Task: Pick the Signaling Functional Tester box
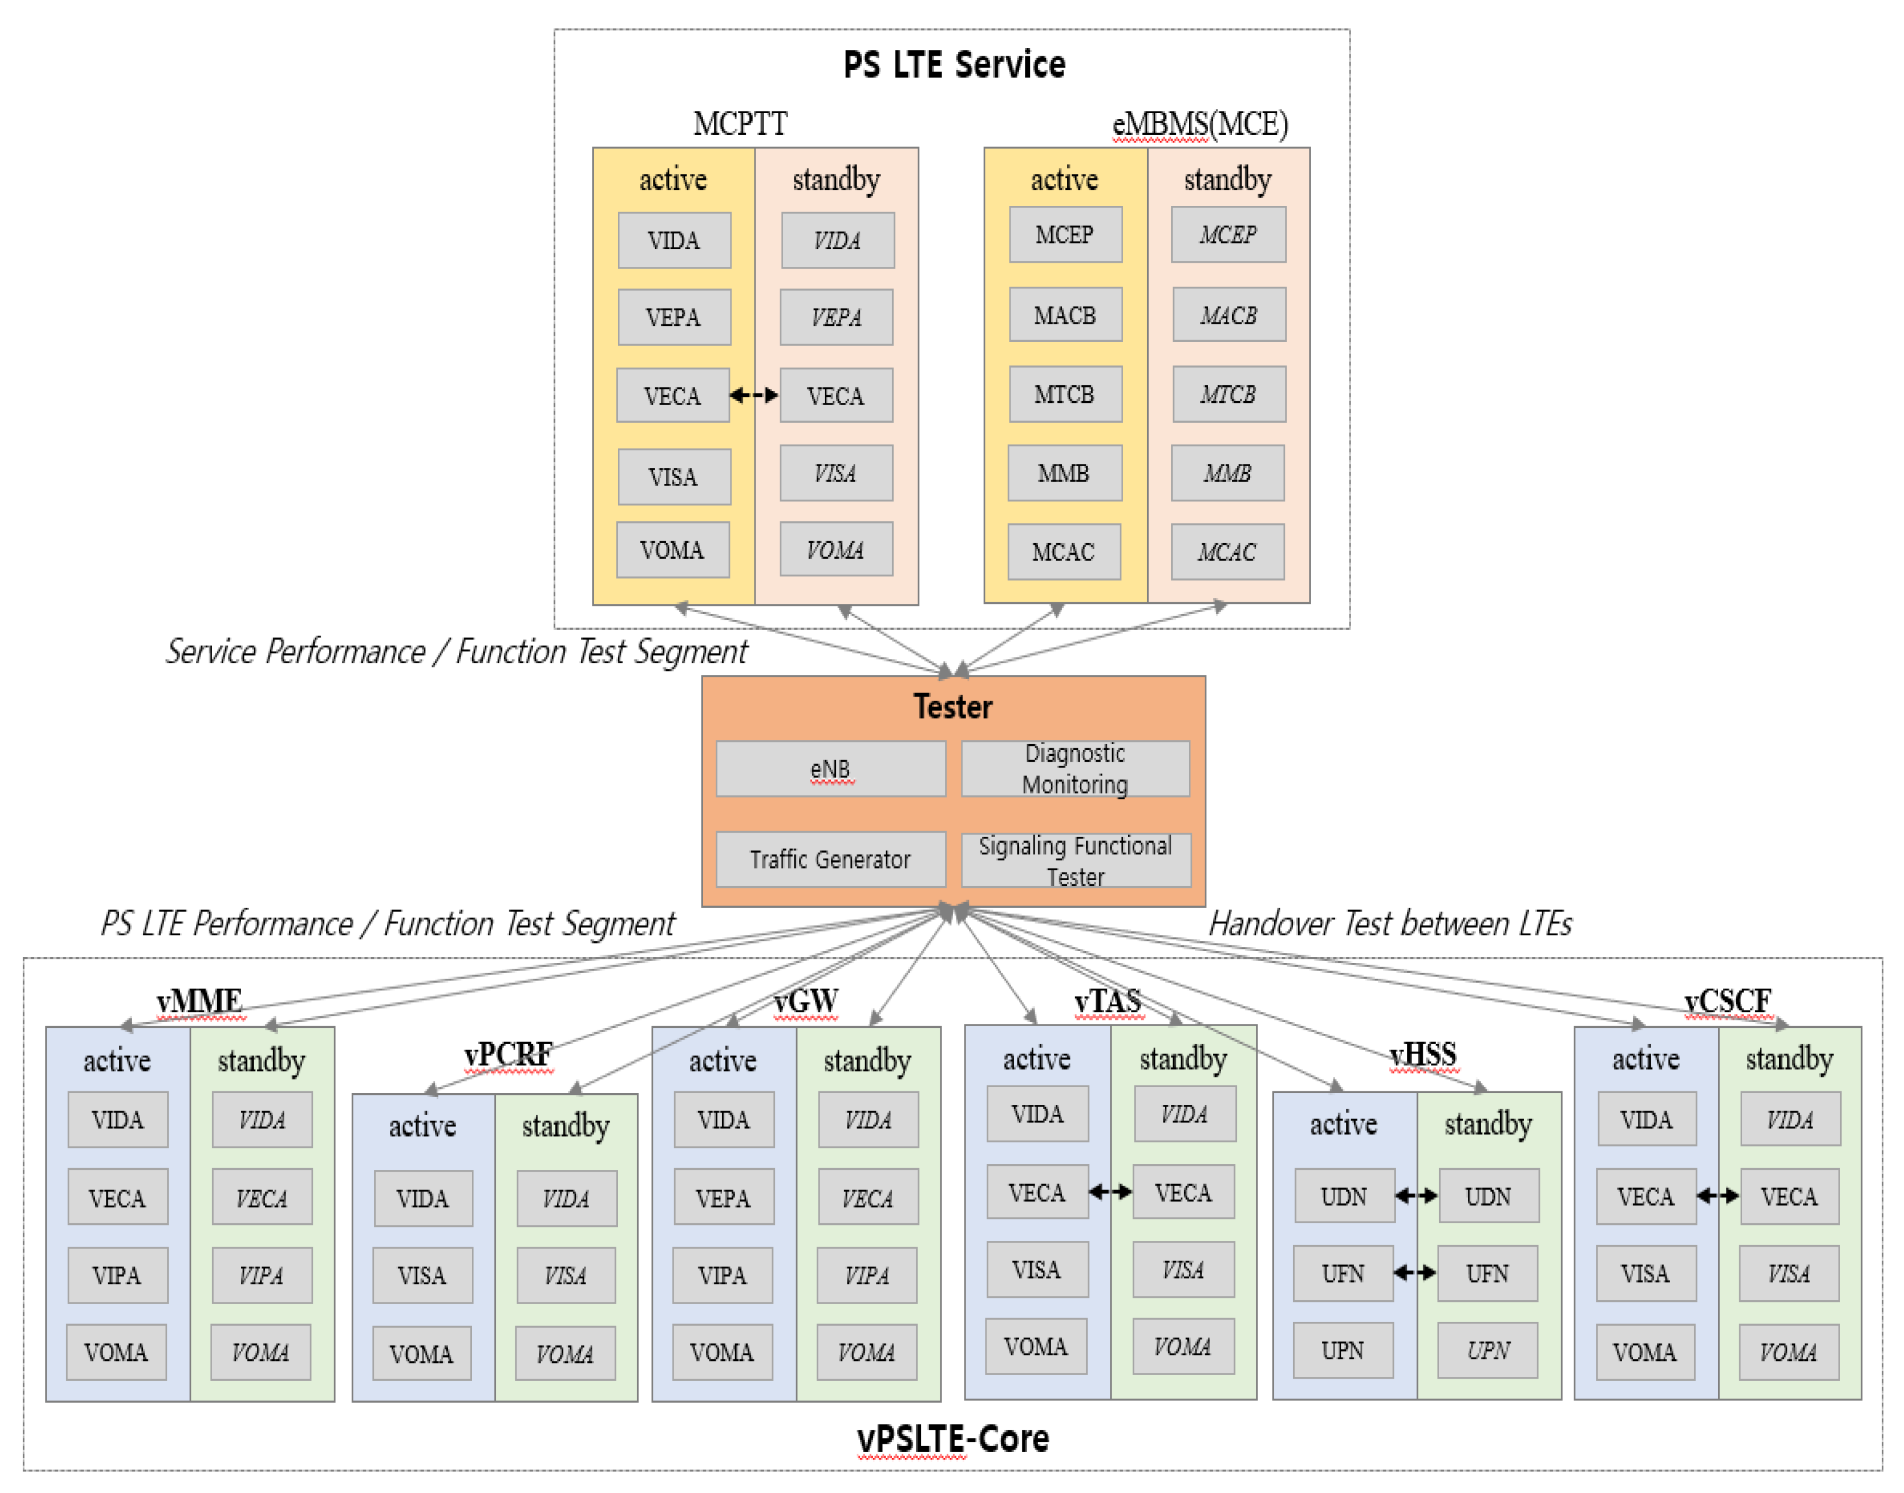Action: coord(1075,860)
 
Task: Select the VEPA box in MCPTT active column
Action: coord(674,317)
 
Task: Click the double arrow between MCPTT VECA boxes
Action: coord(753,396)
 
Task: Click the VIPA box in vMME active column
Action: coord(117,1275)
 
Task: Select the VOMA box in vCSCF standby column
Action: coord(1788,1352)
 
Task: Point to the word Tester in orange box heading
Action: coord(953,706)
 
